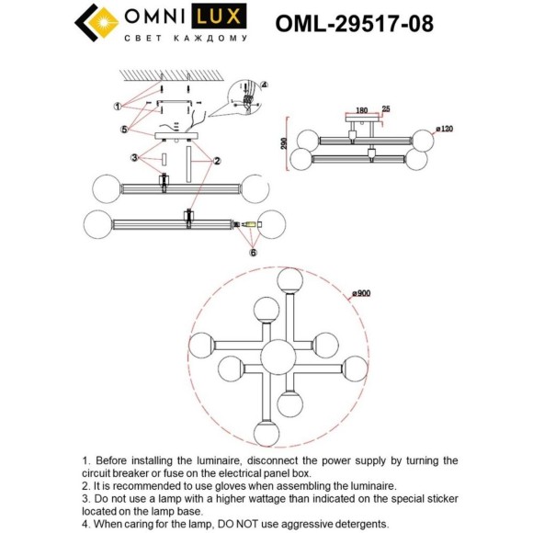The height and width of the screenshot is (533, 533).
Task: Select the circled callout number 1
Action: click(118, 106)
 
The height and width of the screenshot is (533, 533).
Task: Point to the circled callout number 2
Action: click(217, 160)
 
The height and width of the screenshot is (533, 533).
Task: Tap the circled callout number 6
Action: click(253, 251)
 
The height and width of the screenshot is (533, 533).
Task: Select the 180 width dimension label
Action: click(361, 110)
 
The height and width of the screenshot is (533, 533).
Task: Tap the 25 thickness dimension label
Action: click(385, 109)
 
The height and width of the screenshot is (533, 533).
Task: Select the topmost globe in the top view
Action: click(290, 278)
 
